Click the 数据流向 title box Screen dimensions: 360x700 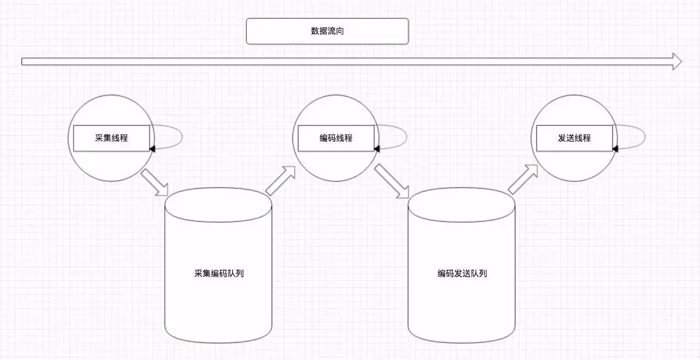pyautogui.click(x=327, y=31)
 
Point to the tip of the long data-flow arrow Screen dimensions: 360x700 pyautogui.click(x=681, y=62)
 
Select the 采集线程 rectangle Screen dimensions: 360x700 pyautogui.click(x=112, y=138)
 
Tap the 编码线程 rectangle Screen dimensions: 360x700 pyautogui.click(x=336, y=138)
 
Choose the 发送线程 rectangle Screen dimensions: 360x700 pyautogui.click(x=574, y=138)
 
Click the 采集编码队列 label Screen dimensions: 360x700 pyautogui.click(x=219, y=273)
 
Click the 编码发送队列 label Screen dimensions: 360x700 pyautogui.click(x=462, y=273)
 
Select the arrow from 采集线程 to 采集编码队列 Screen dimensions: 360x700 pyautogui.click(x=155, y=183)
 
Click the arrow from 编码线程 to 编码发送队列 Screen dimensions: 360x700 pyautogui.click(x=392, y=181)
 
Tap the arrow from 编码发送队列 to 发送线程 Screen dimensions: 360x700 pyautogui.click(x=523, y=178)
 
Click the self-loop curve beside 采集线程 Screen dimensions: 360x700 pyautogui.click(x=180, y=136)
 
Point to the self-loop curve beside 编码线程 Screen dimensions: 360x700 pyautogui.click(x=406, y=136)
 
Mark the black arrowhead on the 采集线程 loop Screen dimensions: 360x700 pyautogui.click(x=152, y=148)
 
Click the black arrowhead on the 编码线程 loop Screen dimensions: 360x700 pyautogui.click(x=377, y=148)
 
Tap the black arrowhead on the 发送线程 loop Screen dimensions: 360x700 pyautogui.click(x=615, y=148)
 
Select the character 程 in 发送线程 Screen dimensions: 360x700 pyautogui.click(x=587, y=138)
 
